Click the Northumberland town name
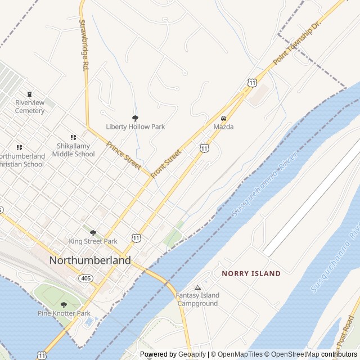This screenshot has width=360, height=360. [x=90, y=260]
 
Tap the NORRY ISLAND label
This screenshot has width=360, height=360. [x=251, y=273]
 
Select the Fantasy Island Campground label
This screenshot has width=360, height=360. [x=197, y=299]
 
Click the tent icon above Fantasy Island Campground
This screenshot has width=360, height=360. [x=197, y=287]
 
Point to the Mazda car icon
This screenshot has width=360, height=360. [x=223, y=119]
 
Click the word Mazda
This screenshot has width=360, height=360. [x=223, y=127]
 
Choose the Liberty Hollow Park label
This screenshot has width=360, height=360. [x=136, y=127]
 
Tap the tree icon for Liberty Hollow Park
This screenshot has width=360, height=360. [x=135, y=118]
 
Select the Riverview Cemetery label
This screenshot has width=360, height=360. [x=30, y=107]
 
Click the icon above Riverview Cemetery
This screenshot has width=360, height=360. [x=30, y=94]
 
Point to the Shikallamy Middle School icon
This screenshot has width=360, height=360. [x=73, y=137]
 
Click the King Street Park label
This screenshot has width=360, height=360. [x=93, y=241]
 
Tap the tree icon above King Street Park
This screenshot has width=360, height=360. [x=93, y=232]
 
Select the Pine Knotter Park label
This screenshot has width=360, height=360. [x=64, y=313]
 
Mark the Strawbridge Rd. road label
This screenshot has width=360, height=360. [x=84, y=45]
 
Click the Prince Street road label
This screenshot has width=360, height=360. [x=123, y=155]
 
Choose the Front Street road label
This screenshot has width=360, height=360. [x=166, y=164]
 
